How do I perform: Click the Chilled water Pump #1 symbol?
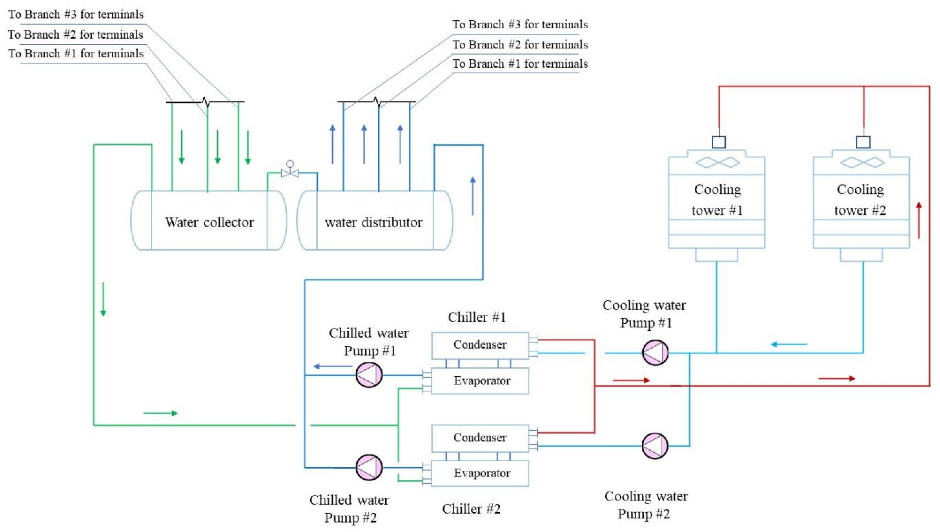point(369,375)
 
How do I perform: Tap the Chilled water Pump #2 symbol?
point(369,467)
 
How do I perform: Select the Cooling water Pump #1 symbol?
point(655,353)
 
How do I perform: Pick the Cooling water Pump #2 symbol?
point(655,446)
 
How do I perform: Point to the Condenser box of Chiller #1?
point(480,345)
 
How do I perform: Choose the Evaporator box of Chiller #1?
point(480,381)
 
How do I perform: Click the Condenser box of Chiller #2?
point(480,438)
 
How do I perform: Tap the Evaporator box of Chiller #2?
point(480,473)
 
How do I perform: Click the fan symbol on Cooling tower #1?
point(717,162)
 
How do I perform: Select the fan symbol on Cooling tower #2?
point(862,162)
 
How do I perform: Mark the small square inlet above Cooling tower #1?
point(719,142)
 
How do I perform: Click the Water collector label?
point(209,222)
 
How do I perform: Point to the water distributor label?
point(373,222)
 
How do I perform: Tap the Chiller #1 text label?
point(477,317)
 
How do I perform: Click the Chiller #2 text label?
point(471,509)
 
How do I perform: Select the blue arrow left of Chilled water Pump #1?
point(333,366)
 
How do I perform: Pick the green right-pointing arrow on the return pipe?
point(161,413)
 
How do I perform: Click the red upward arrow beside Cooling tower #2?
point(919,220)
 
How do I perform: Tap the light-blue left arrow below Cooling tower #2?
point(789,344)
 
